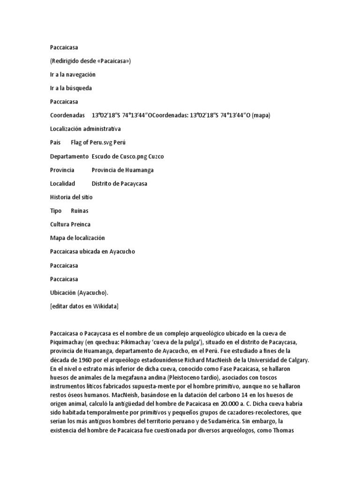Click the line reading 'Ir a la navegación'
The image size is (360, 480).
73,75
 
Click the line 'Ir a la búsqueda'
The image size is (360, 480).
71,88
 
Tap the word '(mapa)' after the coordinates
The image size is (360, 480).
261,115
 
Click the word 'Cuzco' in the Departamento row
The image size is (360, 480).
156,156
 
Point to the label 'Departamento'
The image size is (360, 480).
69,156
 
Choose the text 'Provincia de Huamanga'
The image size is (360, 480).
122,170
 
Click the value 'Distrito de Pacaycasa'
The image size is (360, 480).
119,183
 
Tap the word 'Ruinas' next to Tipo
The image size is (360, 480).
80,211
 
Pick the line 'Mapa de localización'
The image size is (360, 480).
77,238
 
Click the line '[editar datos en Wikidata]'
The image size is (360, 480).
84,307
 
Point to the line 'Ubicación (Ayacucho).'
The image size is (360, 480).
79,293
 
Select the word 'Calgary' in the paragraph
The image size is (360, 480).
294,360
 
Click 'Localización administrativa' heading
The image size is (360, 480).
85,129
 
